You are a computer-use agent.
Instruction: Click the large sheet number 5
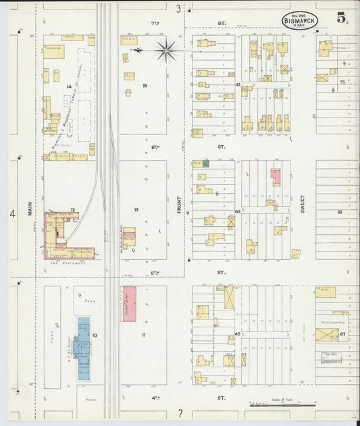(x=344, y=20)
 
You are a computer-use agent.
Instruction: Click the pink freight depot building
(x=129, y=303)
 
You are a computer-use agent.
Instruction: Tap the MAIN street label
(x=30, y=209)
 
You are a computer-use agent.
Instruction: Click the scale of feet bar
(x=282, y=405)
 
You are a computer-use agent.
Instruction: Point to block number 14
(x=69, y=86)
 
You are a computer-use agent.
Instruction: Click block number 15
(x=145, y=86)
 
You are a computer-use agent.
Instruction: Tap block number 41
(x=238, y=84)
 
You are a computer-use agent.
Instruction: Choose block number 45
(x=238, y=334)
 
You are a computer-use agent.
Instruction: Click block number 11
(x=143, y=334)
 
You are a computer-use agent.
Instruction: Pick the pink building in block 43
(x=275, y=177)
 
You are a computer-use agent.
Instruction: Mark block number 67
(x=342, y=334)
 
